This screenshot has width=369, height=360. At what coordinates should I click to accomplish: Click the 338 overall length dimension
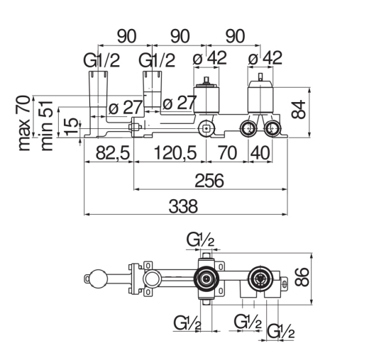[183, 206]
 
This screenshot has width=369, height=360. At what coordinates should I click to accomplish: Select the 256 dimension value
[209, 181]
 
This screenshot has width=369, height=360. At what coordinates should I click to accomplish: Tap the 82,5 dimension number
[113, 153]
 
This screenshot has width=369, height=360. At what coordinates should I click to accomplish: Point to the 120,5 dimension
[175, 153]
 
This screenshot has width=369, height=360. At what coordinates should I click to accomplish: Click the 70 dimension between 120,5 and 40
[227, 153]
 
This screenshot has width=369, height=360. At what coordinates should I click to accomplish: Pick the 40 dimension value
[260, 153]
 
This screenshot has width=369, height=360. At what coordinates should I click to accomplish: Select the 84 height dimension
[299, 109]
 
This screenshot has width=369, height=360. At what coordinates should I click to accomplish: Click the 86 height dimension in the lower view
[302, 277]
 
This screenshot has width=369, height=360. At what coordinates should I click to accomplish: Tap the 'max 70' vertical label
[24, 123]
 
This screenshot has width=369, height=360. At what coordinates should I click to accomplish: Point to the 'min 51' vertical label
[47, 126]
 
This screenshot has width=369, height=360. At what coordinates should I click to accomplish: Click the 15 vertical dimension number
[71, 127]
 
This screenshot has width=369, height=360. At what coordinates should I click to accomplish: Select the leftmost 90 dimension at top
[127, 36]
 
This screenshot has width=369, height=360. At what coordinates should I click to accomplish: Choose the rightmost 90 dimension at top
[235, 36]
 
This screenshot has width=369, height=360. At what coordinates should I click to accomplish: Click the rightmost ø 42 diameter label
[265, 58]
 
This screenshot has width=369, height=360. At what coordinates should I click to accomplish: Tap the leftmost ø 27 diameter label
[126, 108]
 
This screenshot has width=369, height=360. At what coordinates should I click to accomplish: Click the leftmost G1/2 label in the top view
[101, 60]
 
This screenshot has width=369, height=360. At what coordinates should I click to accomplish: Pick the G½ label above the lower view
[200, 240]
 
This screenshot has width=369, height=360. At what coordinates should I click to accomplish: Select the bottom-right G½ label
[280, 331]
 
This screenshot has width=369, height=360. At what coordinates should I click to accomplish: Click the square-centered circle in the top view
[206, 129]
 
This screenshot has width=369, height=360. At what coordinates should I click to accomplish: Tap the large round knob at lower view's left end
[98, 279]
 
